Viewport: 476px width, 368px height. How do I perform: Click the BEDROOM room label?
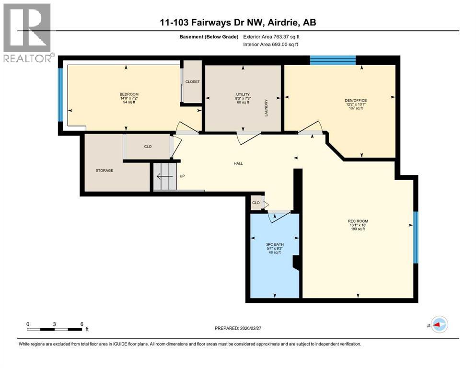point(129,94)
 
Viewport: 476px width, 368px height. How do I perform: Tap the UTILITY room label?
point(243,94)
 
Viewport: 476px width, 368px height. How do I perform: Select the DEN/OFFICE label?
point(356,100)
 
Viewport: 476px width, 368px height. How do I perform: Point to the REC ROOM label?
point(358,221)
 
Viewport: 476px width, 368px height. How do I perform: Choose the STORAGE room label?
point(104,171)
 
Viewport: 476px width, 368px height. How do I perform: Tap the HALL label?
point(238,163)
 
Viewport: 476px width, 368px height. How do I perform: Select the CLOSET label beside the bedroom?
point(192,82)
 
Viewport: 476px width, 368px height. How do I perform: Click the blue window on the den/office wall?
point(333,60)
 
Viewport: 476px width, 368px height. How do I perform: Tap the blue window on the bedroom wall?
point(60,95)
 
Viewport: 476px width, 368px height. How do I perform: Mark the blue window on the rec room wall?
point(416,237)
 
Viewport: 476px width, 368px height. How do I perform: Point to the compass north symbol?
point(439,324)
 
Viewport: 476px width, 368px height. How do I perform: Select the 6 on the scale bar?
point(82,324)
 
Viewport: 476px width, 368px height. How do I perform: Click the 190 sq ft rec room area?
point(358,229)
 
